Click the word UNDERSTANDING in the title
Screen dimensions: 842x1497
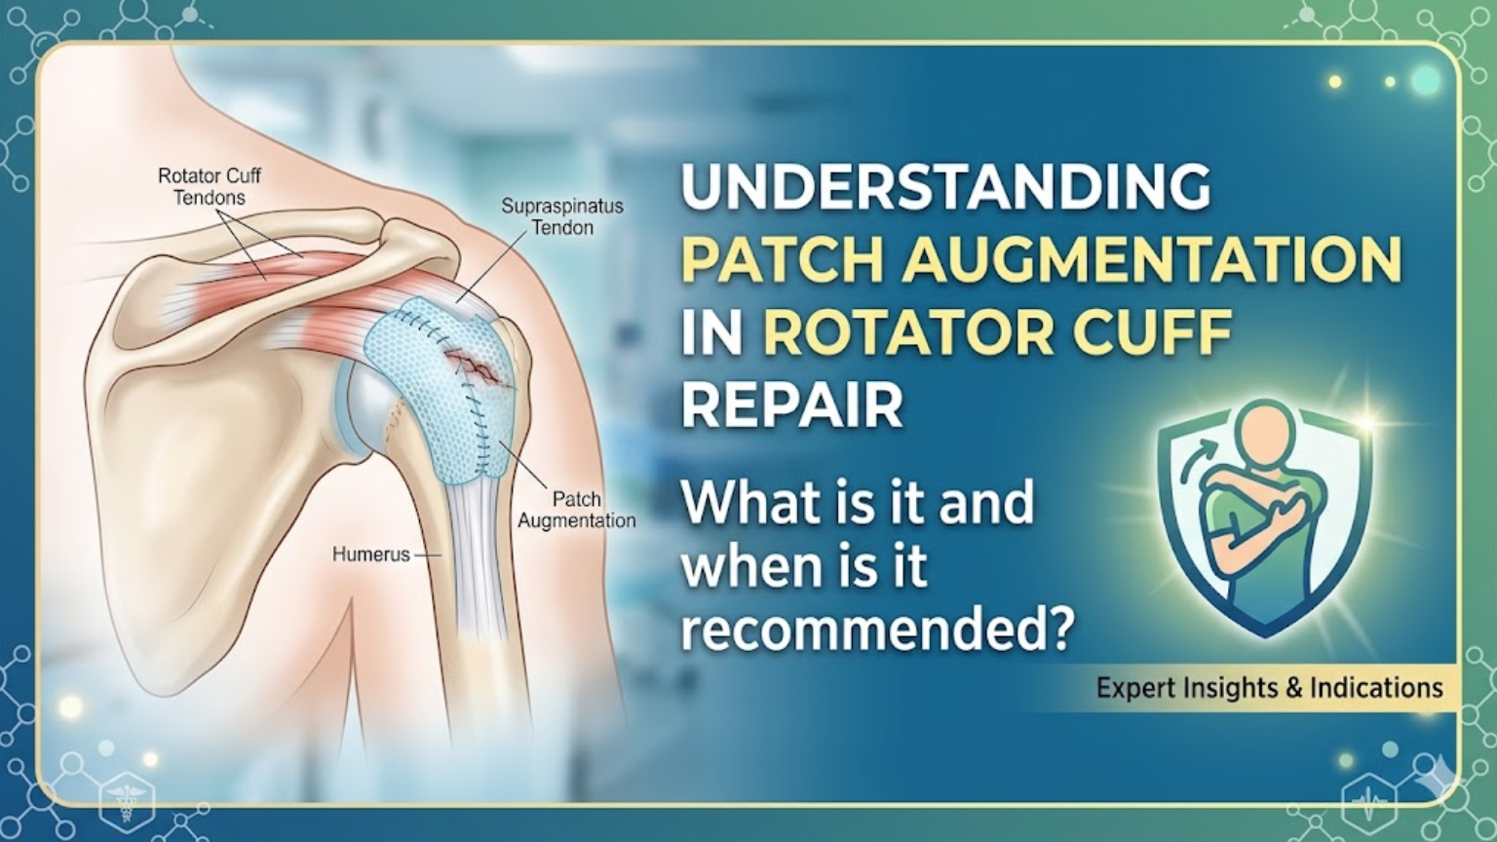[x=945, y=186]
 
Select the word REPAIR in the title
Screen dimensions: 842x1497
[x=791, y=404]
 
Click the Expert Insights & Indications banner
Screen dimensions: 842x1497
[x=1269, y=688]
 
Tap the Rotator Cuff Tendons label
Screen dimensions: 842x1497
[x=210, y=187]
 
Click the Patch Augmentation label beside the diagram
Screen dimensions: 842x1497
[x=576, y=510]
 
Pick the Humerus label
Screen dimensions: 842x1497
[x=370, y=555]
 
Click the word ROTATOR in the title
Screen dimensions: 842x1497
[x=907, y=332]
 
